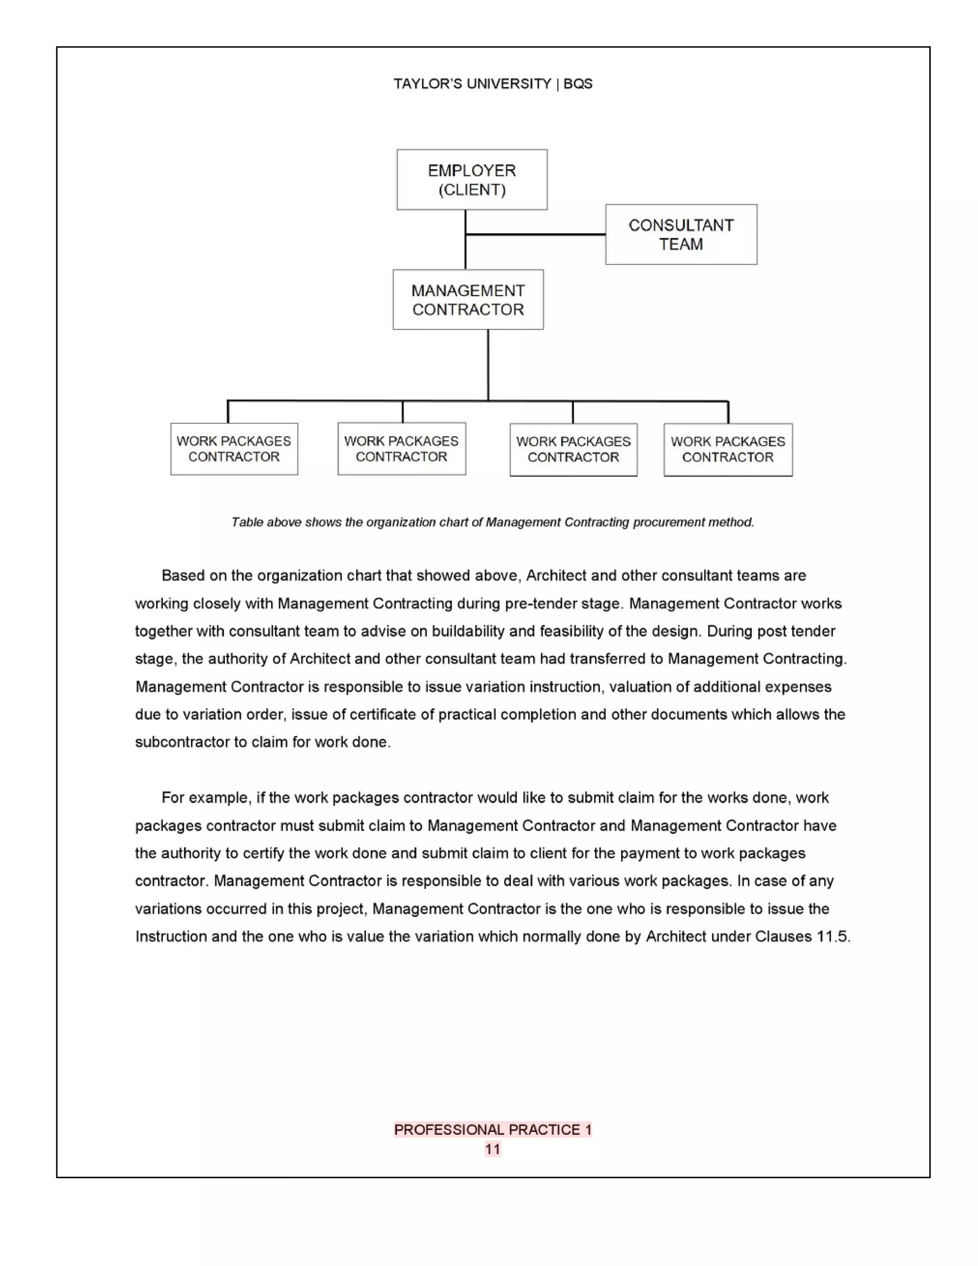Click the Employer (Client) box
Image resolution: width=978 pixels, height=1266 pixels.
(x=472, y=180)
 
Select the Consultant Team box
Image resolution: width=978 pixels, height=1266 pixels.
(x=681, y=234)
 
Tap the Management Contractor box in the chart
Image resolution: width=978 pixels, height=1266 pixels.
(x=468, y=300)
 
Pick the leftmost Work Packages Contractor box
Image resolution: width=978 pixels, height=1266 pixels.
(x=234, y=449)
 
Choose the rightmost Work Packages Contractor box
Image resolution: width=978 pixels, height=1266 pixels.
(x=728, y=450)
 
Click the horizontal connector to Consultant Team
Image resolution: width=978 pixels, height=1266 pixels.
(x=535, y=235)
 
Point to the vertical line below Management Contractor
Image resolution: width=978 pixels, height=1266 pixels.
(x=488, y=365)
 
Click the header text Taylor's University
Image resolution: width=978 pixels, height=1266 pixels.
(x=472, y=84)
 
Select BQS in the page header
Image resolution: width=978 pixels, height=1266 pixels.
(x=578, y=84)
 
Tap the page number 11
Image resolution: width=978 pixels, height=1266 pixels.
(x=492, y=1149)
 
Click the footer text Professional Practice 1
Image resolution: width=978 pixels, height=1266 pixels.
(x=492, y=1129)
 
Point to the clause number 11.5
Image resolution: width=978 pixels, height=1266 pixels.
(x=832, y=936)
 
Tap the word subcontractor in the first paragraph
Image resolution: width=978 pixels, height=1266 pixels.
(x=182, y=742)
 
